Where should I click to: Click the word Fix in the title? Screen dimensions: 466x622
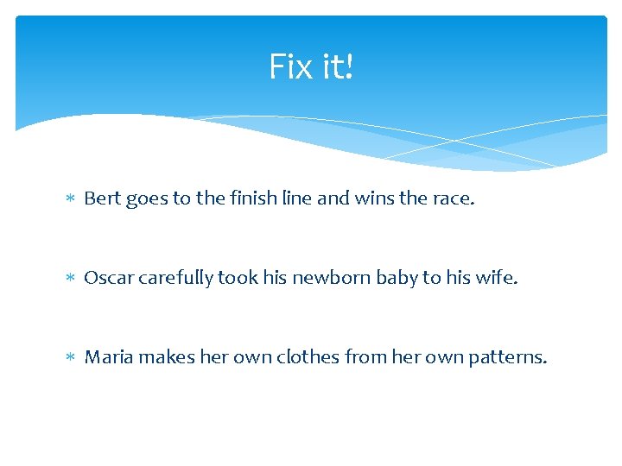pos(289,66)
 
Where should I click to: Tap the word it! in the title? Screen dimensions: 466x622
pos(336,66)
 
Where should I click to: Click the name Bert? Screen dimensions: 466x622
pos(103,198)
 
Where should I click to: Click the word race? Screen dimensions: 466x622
pos(453,199)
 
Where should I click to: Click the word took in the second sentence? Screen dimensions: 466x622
pos(238,278)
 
